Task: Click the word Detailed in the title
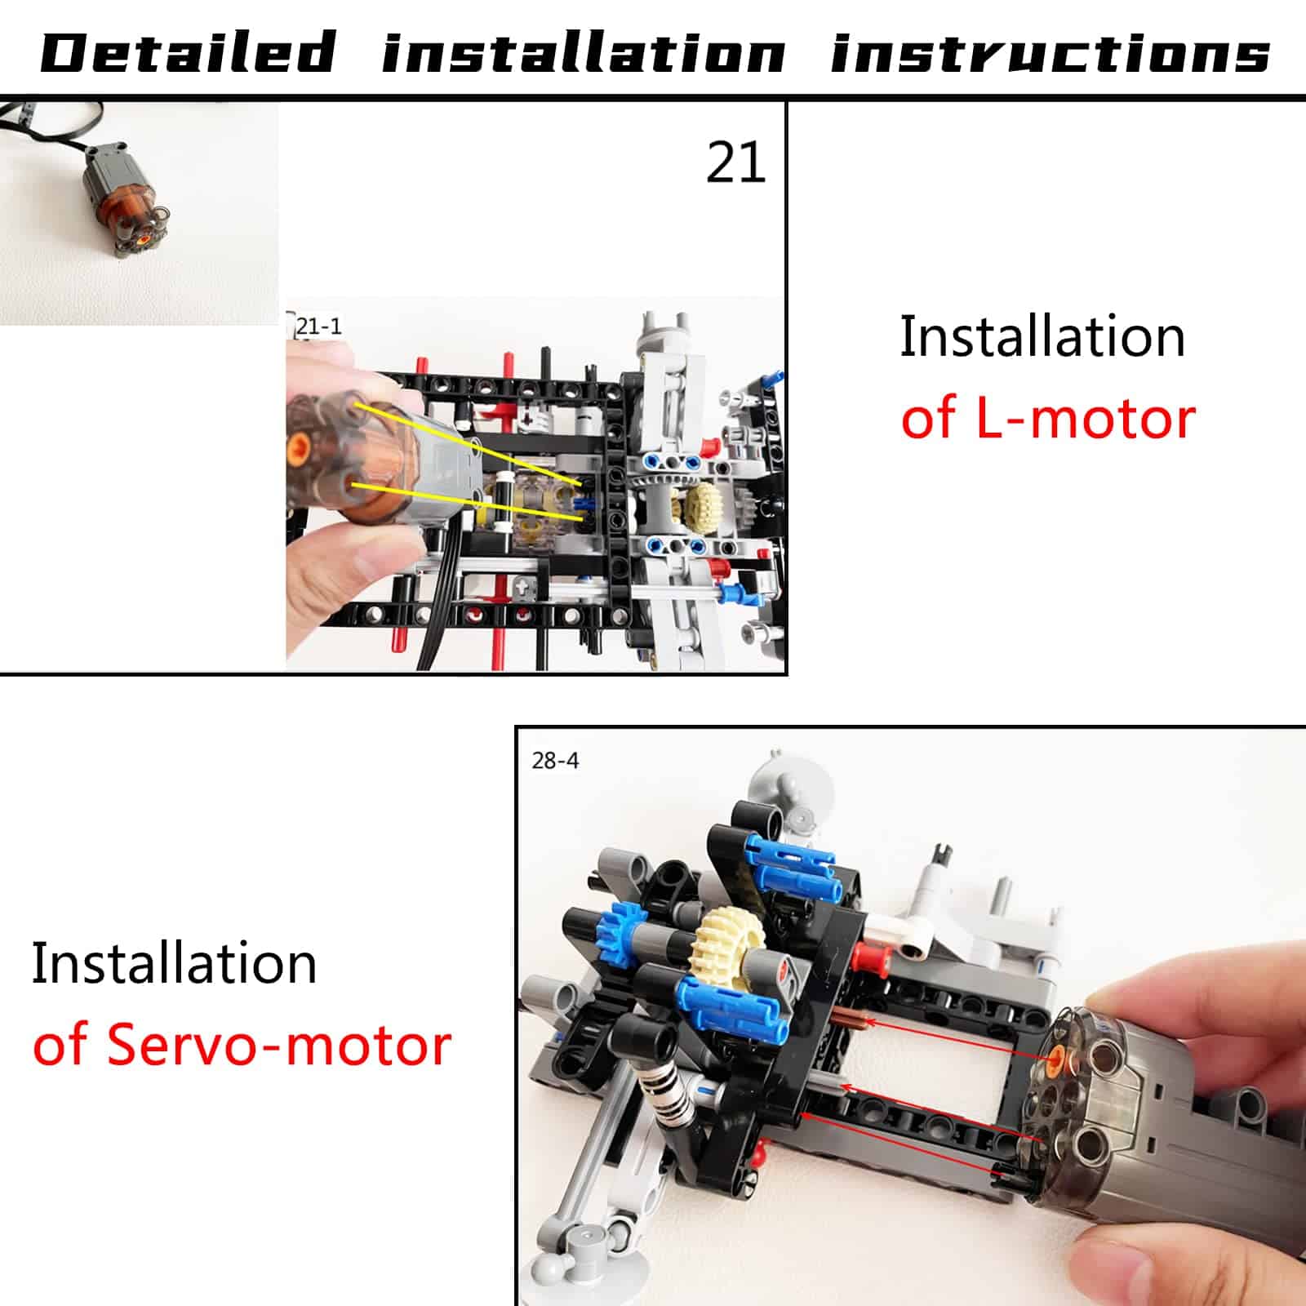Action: [x=188, y=53]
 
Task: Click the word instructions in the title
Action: [x=1051, y=53]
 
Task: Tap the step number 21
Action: [x=735, y=162]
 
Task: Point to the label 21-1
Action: [x=318, y=326]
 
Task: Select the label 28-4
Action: [x=555, y=761]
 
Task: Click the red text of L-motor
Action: [x=1048, y=418]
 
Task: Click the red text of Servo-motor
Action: [x=242, y=1044]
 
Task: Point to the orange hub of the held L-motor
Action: [x=300, y=446]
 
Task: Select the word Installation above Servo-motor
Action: [x=174, y=963]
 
